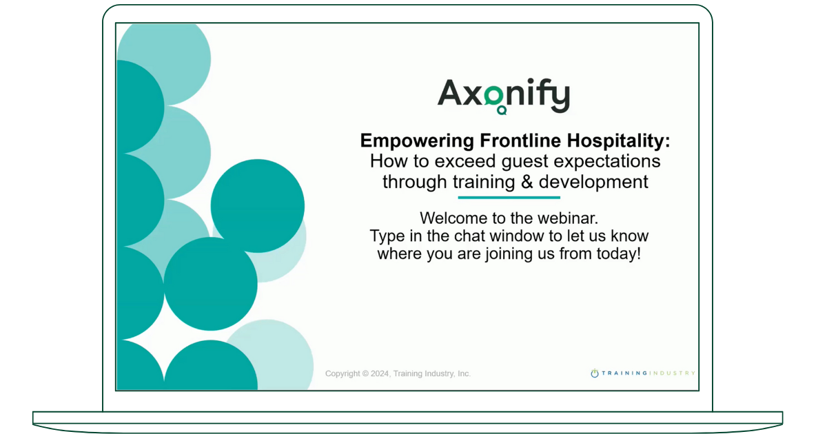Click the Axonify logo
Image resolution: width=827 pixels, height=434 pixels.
503,95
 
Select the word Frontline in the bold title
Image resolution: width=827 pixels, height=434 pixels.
518,141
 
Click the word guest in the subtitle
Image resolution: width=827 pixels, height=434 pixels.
522,162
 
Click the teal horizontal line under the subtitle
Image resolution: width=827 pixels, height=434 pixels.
509,198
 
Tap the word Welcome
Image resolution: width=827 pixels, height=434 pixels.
449,218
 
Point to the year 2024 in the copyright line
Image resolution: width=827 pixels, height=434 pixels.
380,373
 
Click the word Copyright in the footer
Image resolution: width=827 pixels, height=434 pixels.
343,373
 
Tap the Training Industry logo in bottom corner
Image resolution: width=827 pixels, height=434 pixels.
642,373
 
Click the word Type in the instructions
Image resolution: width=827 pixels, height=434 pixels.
385,236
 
